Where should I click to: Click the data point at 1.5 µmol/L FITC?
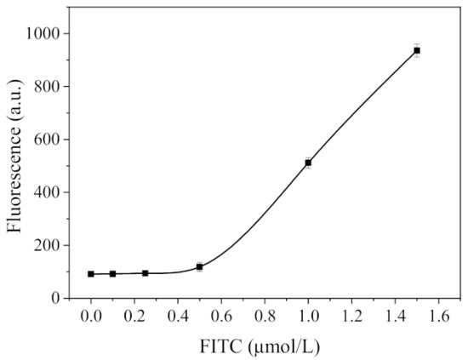[x=417, y=50]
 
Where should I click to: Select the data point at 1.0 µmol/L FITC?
[x=308, y=163]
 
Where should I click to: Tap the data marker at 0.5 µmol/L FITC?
[x=199, y=267]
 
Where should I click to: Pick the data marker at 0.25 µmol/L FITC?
[x=146, y=273]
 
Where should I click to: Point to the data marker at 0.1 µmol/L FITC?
[x=112, y=274]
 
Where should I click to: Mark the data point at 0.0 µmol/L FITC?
[x=91, y=274]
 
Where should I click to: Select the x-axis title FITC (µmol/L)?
[x=254, y=346]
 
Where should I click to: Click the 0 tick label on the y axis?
[x=55, y=298]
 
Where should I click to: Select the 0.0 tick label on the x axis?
[x=91, y=316]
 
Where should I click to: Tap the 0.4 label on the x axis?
[x=178, y=316]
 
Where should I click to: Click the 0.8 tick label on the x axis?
[x=265, y=316]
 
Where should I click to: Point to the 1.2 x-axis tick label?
[x=351, y=316]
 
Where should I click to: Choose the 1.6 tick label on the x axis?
[x=438, y=316]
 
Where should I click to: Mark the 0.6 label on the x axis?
[x=221, y=316]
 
